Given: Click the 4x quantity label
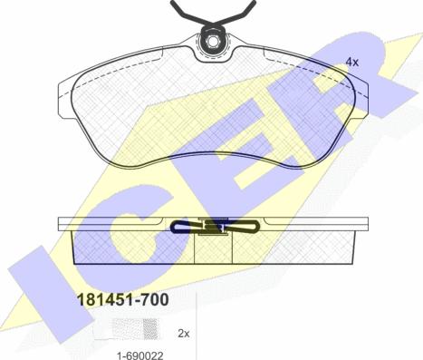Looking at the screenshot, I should pyautogui.click(x=351, y=62).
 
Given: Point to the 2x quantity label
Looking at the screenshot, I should pyautogui.click(x=184, y=334).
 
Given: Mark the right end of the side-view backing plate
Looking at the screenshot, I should pyautogui.click(x=366, y=223).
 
